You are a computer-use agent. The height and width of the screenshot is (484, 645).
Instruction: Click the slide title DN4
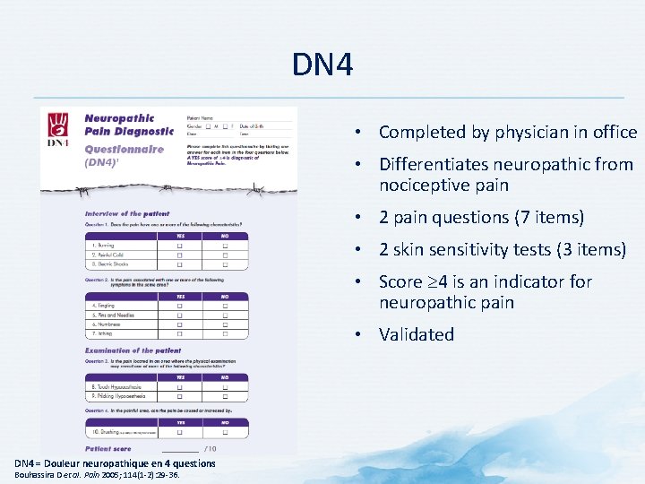coord(322,65)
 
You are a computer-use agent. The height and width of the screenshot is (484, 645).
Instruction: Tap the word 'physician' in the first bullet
coord(524,133)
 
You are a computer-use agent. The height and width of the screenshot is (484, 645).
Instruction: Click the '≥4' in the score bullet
coord(437,281)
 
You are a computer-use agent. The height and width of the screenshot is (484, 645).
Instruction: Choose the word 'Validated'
coord(417,334)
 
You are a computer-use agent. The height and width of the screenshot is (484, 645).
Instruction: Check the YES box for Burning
coord(180,246)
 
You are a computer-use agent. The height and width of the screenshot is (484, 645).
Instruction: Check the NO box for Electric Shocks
coord(225,265)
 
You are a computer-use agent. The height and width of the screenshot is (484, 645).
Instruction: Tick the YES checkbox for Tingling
coord(180,305)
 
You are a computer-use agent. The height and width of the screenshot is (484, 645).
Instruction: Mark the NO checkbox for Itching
coord(225,334)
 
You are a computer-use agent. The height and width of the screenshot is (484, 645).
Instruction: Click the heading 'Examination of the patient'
coord(133,350)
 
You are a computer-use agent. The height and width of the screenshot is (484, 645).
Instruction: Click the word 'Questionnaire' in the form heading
coord(124,150)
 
